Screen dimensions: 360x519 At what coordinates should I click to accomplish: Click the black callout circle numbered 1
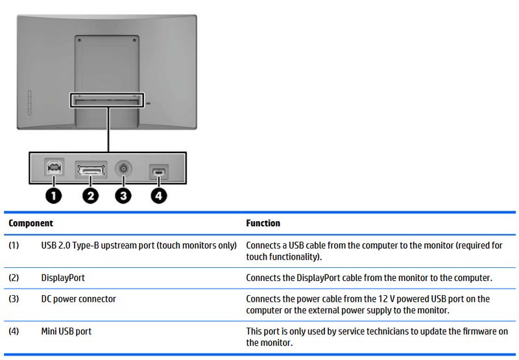pos(54,195)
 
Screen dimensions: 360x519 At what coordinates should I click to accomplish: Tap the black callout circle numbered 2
pos(92,195)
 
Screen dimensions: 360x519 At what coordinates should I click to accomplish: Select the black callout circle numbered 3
pos(122,195)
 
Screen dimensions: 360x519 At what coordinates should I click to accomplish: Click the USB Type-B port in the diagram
pos(54,169)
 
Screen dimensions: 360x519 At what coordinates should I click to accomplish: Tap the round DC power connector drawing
pos(122,169)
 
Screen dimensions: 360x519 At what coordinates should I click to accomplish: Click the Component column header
pos(30,223)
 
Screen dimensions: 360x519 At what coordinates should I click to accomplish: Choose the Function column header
pos(263,223)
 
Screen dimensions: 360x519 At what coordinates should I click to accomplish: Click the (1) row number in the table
pos(14,246)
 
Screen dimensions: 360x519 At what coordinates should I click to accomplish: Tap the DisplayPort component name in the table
pos(63,278)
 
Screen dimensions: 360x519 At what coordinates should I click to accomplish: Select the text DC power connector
pos(78,299)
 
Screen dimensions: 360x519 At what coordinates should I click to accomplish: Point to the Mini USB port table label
pos(66,331)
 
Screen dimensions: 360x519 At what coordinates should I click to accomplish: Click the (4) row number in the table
pos(14,331)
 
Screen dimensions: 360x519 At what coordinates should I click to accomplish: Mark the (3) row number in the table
pos(14,299)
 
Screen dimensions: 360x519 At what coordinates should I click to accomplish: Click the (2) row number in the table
pos(14,278)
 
